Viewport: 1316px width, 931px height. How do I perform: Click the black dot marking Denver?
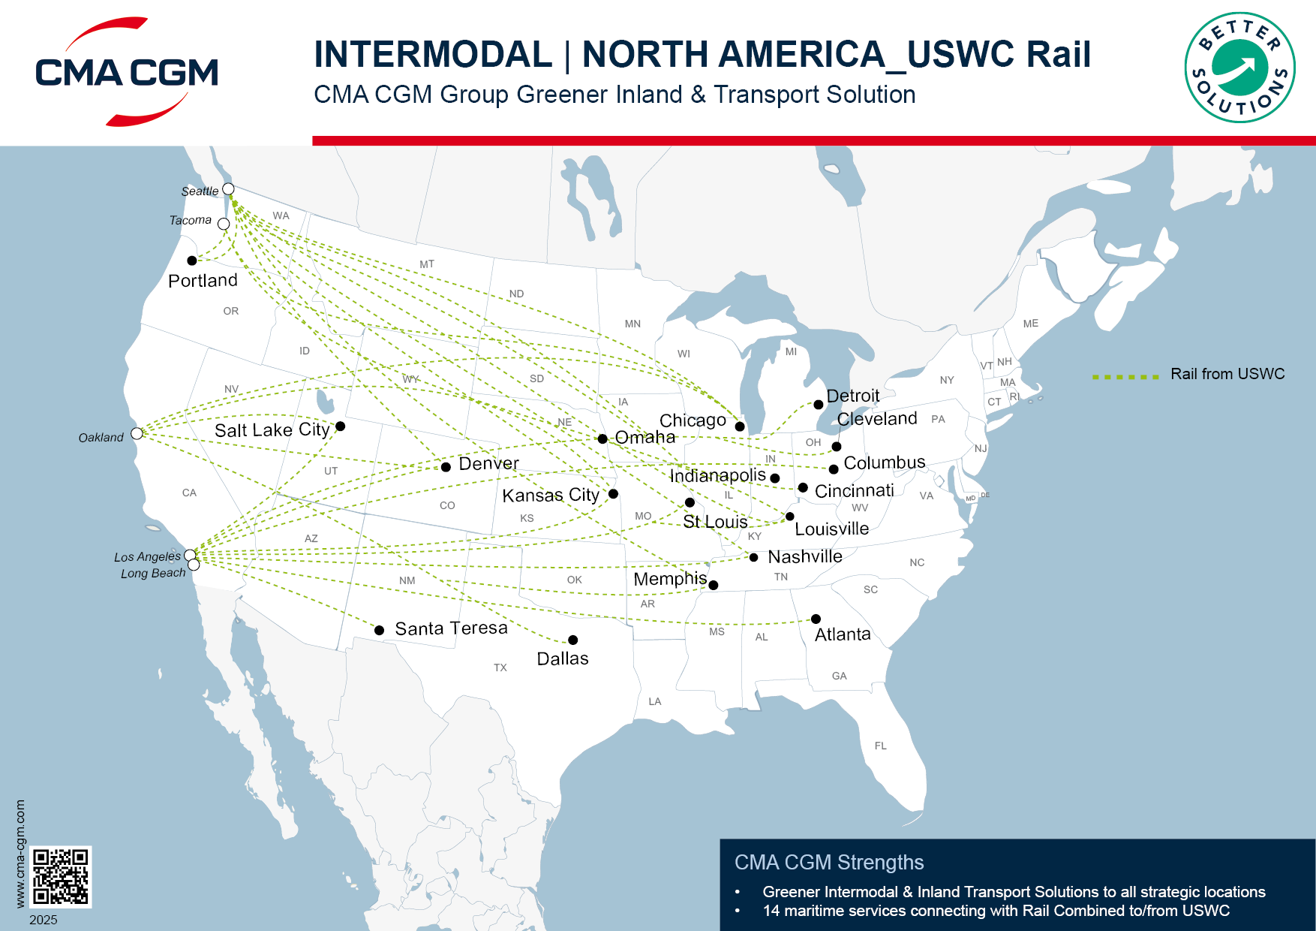(x=446, y=467)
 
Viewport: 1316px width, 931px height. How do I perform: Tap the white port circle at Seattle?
(x=229, y=189)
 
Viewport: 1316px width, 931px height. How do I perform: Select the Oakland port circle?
(x=137, y=433)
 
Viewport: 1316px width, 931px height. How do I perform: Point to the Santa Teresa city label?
(x=451, y=628)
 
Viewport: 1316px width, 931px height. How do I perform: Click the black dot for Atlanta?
(x=816, y=619)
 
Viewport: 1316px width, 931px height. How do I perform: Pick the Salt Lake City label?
(x=272, y=430)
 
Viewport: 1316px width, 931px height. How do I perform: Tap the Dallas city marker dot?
(x=572, y=640)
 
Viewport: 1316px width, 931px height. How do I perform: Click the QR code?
(x=61, y=876)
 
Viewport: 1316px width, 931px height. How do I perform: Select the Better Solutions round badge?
(x=1239, y=68)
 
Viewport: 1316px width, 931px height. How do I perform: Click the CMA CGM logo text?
(x=127, y=73)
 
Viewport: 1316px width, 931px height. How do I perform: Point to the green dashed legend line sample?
(x=1125, y=377)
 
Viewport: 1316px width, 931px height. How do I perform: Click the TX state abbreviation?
(x=500, y=667)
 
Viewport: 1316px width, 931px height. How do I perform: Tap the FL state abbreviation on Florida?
(x=880, y=746)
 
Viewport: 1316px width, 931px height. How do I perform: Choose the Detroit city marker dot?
(x=819, y=405)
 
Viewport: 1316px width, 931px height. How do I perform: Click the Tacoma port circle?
(x=224, y=224)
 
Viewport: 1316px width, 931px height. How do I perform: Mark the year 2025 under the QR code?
(x=44, y=920)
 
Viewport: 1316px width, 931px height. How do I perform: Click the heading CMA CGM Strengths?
(x=829, y=863)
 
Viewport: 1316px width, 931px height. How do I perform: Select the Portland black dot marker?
(x=192, y=261)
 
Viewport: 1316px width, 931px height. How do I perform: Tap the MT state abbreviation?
(x=427, y=264)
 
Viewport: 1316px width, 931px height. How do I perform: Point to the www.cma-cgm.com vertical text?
(x=20, y=854)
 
